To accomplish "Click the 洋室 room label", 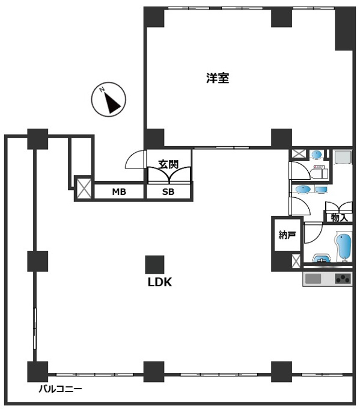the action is coord(218,78).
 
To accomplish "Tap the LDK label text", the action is coord(160,282).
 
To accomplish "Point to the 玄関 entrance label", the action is coord(168,164).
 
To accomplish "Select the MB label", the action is coord(119,192).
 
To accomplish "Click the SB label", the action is coord(168,192).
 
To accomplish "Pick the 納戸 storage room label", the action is coord(287,235).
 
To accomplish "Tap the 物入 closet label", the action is coord(339,218).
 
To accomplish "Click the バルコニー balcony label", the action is coord(61,389).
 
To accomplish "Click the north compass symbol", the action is coord(108,99).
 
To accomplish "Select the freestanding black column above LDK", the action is coord(155,265).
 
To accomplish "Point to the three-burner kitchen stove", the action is coord(343,279).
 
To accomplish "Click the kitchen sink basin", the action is coord(313,279).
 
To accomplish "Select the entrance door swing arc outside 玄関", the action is coord(135,159).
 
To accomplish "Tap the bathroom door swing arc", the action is coord(314,234).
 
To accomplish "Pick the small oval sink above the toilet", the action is coord(317,155).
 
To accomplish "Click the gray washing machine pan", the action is coord(343,157).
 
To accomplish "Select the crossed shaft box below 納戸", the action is coord(296,261).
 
